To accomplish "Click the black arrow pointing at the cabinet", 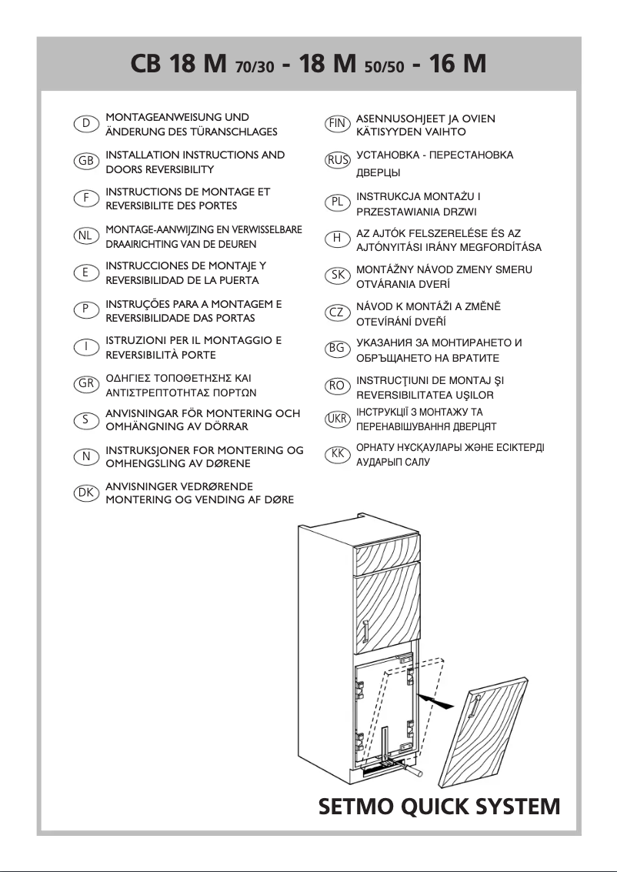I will pyautogui.click(x=435, y=700).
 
